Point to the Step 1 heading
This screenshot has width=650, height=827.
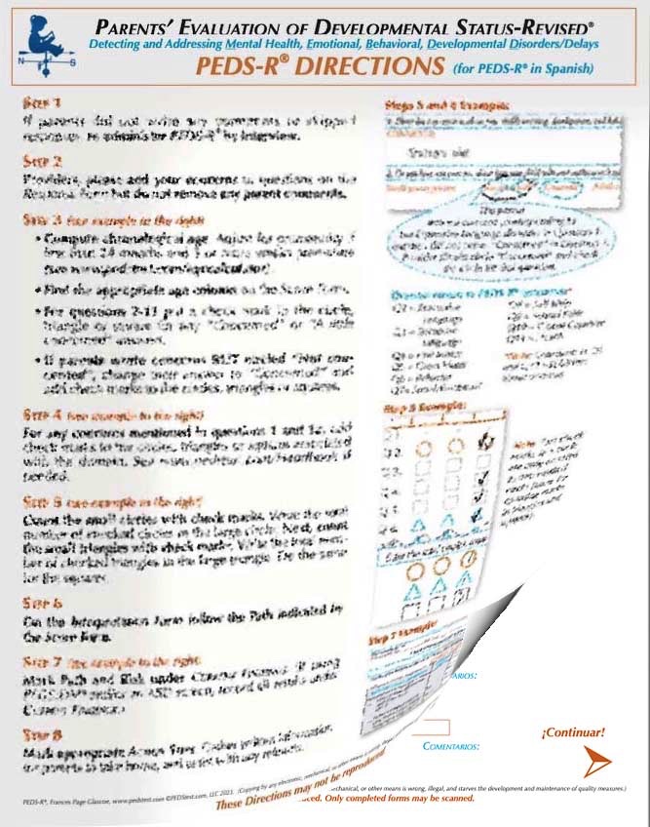pyautogui.click(x=44, y=101)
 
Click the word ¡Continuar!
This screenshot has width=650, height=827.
pyautogui.click(x=572, y=731)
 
